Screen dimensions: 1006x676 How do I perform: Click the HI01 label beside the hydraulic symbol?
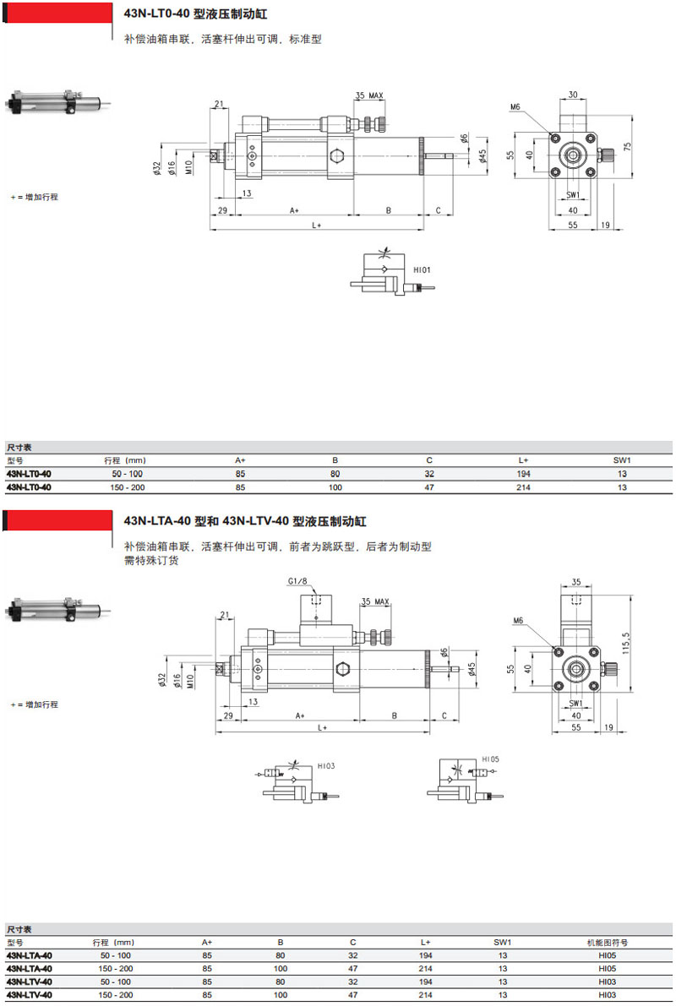coord(422,270)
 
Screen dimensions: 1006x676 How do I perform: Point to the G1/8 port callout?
coord(297,582)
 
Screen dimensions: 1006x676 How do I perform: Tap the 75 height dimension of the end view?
coord(627,145)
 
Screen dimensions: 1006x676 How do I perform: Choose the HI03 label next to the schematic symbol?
coord(327,766)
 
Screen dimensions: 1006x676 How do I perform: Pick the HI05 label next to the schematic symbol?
coord(491,759)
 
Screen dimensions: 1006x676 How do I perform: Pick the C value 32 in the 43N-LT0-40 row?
coord(429,474)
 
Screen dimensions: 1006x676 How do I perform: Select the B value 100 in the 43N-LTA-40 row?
coord(281,969)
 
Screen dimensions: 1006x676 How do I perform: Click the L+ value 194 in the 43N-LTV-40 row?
coord(425,982)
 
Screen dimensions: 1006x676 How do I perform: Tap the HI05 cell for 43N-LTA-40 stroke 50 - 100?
coord(607,955)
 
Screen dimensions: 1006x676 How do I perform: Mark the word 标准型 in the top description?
coord(306,39)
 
